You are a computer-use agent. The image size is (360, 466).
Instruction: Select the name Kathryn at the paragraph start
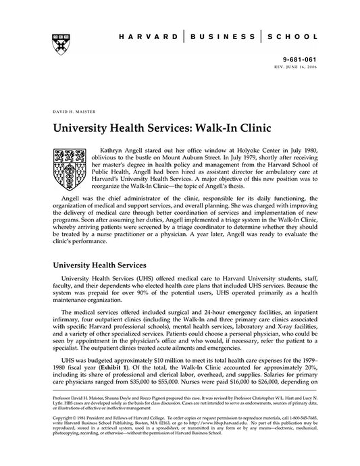(x=111, y=147)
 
